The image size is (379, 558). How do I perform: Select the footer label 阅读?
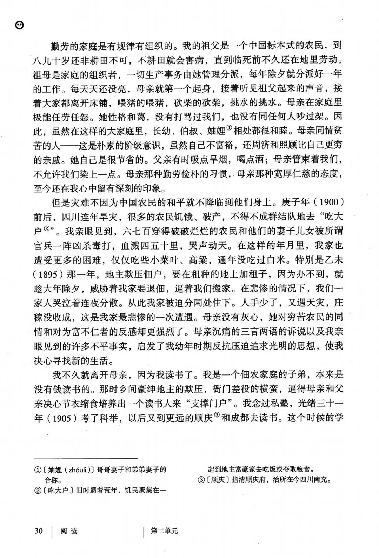[69, 531]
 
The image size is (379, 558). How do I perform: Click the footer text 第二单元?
[164, 531]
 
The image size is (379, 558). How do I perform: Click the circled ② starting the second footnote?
[37, 491]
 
